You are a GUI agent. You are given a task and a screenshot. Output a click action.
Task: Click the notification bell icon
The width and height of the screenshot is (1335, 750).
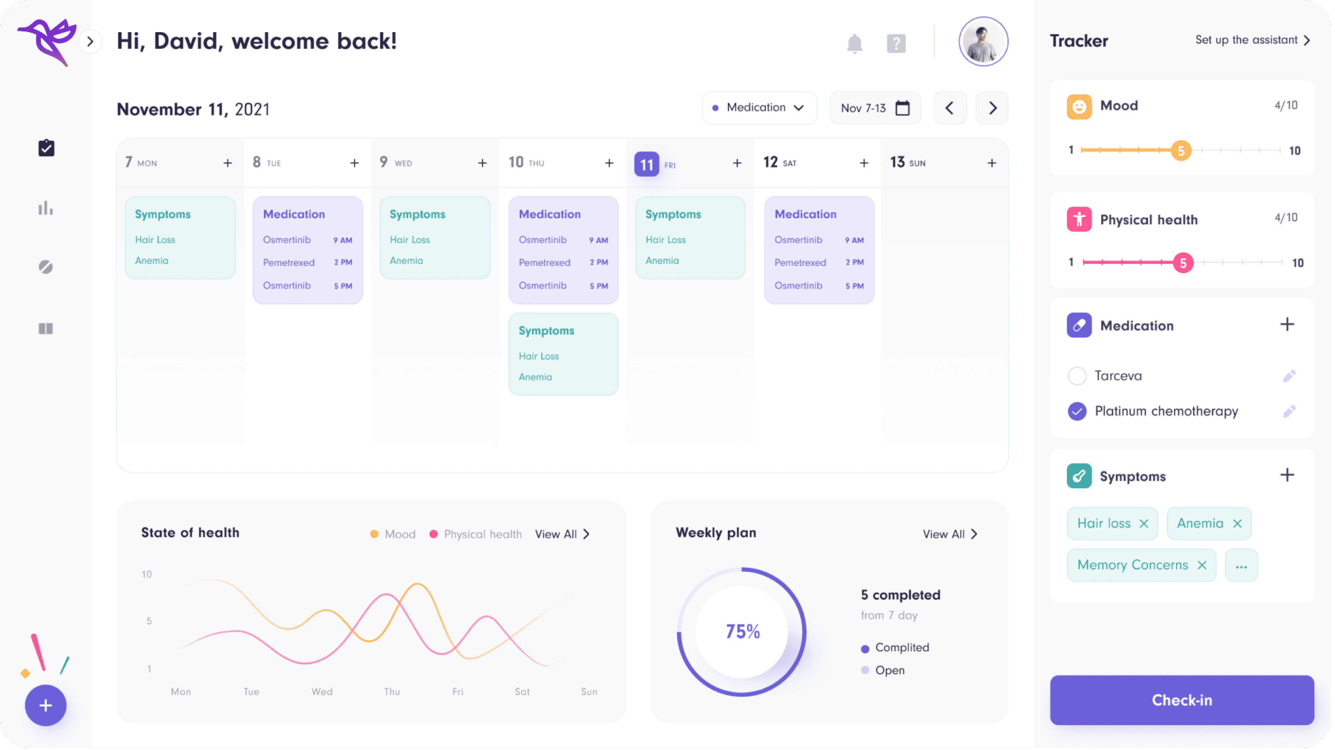coord(854,44)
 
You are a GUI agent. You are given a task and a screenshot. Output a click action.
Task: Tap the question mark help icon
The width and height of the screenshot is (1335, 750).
coord(896,44)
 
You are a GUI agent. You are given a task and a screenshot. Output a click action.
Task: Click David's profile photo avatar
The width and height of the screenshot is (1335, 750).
coord(983,42)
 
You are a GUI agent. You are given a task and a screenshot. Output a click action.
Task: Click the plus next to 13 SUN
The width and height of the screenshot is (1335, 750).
coord(992,163)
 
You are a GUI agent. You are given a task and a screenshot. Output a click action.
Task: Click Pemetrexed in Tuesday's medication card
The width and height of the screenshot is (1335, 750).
coord(289,262)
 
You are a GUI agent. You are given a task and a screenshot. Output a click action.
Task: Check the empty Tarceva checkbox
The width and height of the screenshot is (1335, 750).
coord(1077,376)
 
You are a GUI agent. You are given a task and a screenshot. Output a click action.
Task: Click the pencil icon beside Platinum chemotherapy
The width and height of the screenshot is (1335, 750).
coord(1289,411)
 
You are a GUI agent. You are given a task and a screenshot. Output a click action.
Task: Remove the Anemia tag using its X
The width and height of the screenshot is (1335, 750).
coord(1237,524)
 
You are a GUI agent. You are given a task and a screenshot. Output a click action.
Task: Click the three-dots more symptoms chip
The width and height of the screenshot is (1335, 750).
coord(1241,566)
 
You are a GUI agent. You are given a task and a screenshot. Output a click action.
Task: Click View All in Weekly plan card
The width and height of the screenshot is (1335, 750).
coord(949,534)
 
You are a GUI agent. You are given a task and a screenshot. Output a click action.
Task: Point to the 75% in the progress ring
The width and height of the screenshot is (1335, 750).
coord(742,631)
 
